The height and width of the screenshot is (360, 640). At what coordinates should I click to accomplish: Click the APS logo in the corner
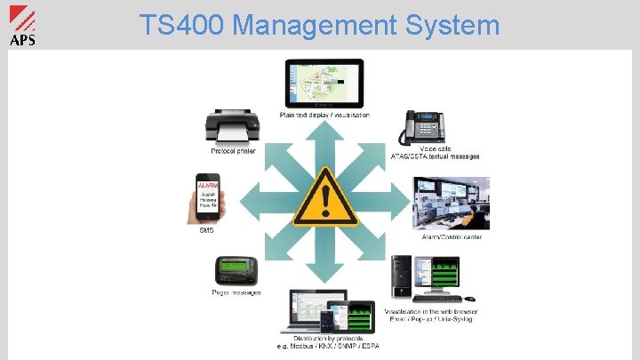pyautogui.click(x=22, y=25)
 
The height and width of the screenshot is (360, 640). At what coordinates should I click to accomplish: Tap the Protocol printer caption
pyautogui.click(x=233, y=151)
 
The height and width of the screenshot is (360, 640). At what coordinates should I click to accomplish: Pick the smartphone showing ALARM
pyautogui.click(x=207, y=198)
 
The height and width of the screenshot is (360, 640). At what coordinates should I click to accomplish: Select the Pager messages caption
pyautogui.click(x=236, y=293)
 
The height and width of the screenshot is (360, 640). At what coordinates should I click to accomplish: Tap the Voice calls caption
pyautogui.click(x=435, y=148)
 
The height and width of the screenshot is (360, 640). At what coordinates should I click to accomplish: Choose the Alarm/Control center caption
pyautogui.click(x=452, y=237)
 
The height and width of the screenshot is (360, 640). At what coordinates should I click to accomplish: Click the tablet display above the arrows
pyautogui.click(x=324, y=84)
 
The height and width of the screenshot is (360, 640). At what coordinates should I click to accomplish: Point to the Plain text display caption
pyautogui.click(x=324, y=115)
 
